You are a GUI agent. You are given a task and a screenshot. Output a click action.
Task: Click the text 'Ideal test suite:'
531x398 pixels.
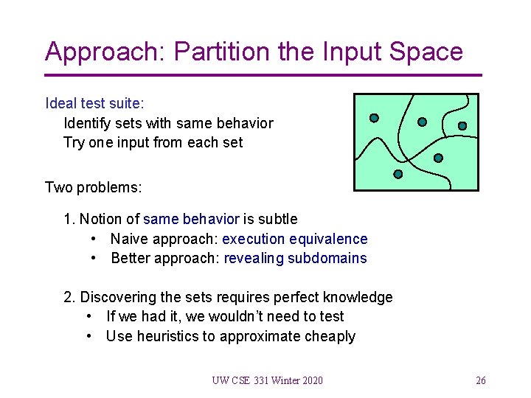click(94, 103)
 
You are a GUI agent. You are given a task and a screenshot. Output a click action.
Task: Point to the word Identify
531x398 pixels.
click(88, 123)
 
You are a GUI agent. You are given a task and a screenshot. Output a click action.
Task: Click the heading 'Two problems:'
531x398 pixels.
click(93, 187)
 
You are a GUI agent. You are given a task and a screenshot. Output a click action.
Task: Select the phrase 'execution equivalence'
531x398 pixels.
click(294, 239)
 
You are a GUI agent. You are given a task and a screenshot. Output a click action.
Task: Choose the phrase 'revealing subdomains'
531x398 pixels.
click(295, 258)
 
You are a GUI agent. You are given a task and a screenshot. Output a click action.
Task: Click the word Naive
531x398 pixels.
click(129, 239)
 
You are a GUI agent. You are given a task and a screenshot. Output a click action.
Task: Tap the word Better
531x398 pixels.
click(131, 258)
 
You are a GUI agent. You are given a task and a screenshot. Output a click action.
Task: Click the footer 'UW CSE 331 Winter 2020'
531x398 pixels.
click(267, 380)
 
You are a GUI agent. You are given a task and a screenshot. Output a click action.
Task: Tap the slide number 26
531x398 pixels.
click(481, 380)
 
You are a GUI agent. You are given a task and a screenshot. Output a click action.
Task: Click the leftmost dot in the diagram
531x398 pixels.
click(374, 118)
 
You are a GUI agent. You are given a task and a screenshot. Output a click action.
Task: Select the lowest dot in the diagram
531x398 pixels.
click(398, 175)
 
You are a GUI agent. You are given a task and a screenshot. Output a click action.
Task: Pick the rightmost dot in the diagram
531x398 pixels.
click(462, 126)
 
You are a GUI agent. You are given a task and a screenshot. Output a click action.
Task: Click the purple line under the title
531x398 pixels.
click(263, 75)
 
